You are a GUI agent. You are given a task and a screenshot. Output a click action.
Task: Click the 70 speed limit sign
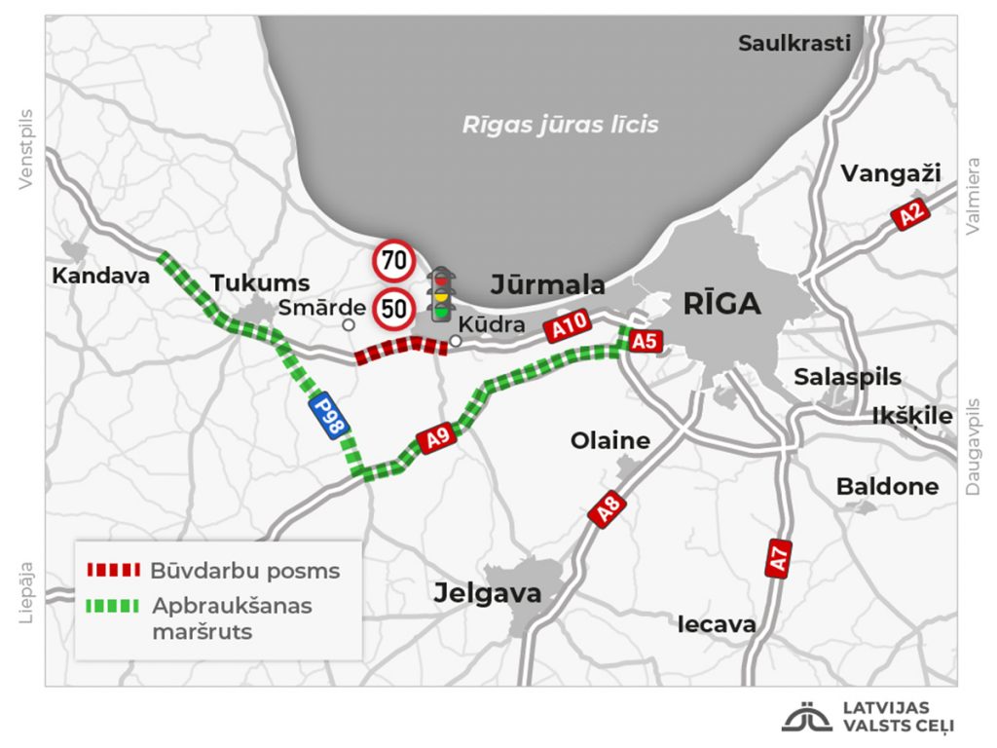(394, 261)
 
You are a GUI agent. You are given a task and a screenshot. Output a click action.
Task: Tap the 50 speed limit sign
(394, 309)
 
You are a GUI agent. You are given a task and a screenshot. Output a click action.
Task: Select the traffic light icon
(442, 293)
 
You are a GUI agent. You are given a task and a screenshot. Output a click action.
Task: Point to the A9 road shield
(438, 438)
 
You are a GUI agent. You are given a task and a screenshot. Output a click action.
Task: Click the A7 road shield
(778, 559)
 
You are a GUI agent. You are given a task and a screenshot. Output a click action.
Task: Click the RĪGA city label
(721, 304)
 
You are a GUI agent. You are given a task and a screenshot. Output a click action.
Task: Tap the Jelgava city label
(488, 592)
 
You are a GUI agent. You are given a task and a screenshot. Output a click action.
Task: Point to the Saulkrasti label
(794, 43)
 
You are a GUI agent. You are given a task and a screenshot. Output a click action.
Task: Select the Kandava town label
(101, 276)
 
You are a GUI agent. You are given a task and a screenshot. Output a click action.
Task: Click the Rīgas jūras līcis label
(560, 125)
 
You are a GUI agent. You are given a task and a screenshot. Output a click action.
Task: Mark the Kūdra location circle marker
(455, 341)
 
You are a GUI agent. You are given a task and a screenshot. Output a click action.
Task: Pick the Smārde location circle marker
(348, 324)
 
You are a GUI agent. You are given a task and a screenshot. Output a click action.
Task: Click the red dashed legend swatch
(113, 570)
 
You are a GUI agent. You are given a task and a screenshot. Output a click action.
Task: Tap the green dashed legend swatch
(113, 606)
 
